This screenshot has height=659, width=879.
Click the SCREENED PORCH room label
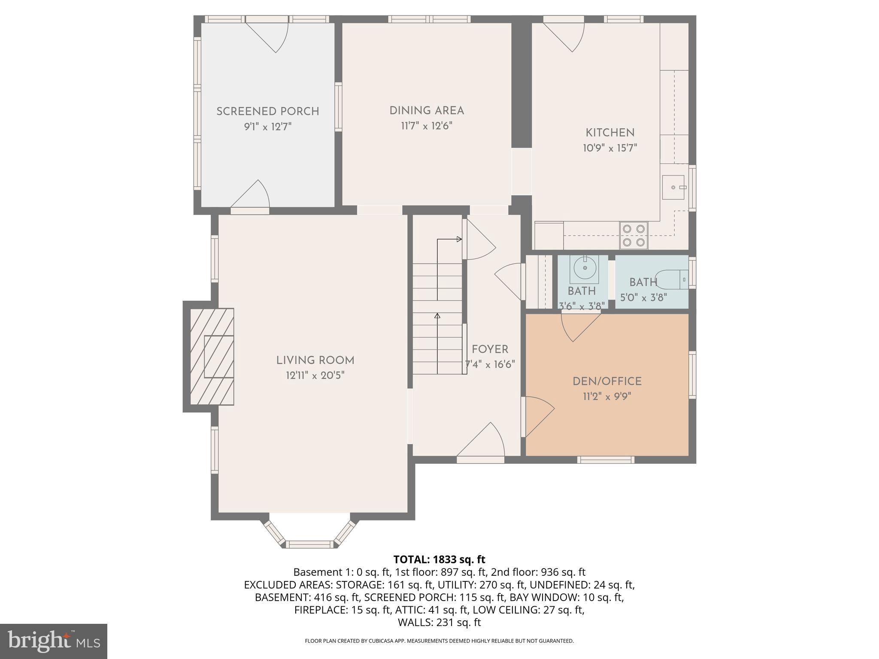pyautogui.click(x=267, y=112)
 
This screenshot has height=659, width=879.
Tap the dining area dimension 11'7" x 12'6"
pyautogui.click(x=427, y=126)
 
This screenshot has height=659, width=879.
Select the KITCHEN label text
pyautogui.click(x=609, y=133)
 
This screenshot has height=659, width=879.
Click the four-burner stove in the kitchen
pyautogui.click(x=633, y=236)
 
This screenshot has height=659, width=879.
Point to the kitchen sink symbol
pyautogui.click(x=673, y=187)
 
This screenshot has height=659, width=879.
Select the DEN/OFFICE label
pyautogui.click(x=607, y=381)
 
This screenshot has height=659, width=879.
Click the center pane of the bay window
pyautogui.click(x=309, y=544)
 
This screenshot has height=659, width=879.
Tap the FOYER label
pyautogui.click(x=490, y=349)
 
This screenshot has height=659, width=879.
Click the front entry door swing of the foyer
pyautogui.click(x=483, y=442)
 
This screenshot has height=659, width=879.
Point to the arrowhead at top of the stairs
pyautogui.click(x=460, y=239)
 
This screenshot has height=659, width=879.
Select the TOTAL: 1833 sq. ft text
pyautogui.click(x=439, y=559)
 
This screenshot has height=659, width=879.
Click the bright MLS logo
pyautogui.click(x=54, y=641)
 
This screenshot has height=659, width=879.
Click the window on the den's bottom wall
pyautogui.click(x=605, y=460)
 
